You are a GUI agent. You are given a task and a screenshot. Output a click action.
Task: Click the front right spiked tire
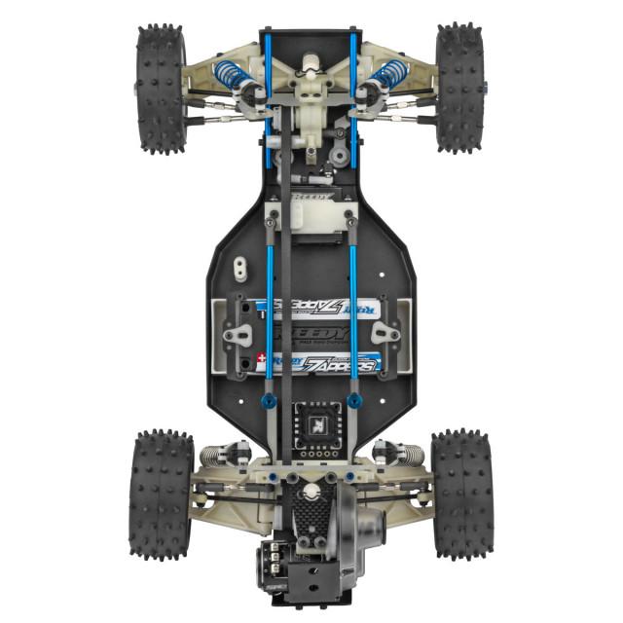tap(459, 88)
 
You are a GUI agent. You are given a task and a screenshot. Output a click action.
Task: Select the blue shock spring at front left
tap(228, 74)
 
